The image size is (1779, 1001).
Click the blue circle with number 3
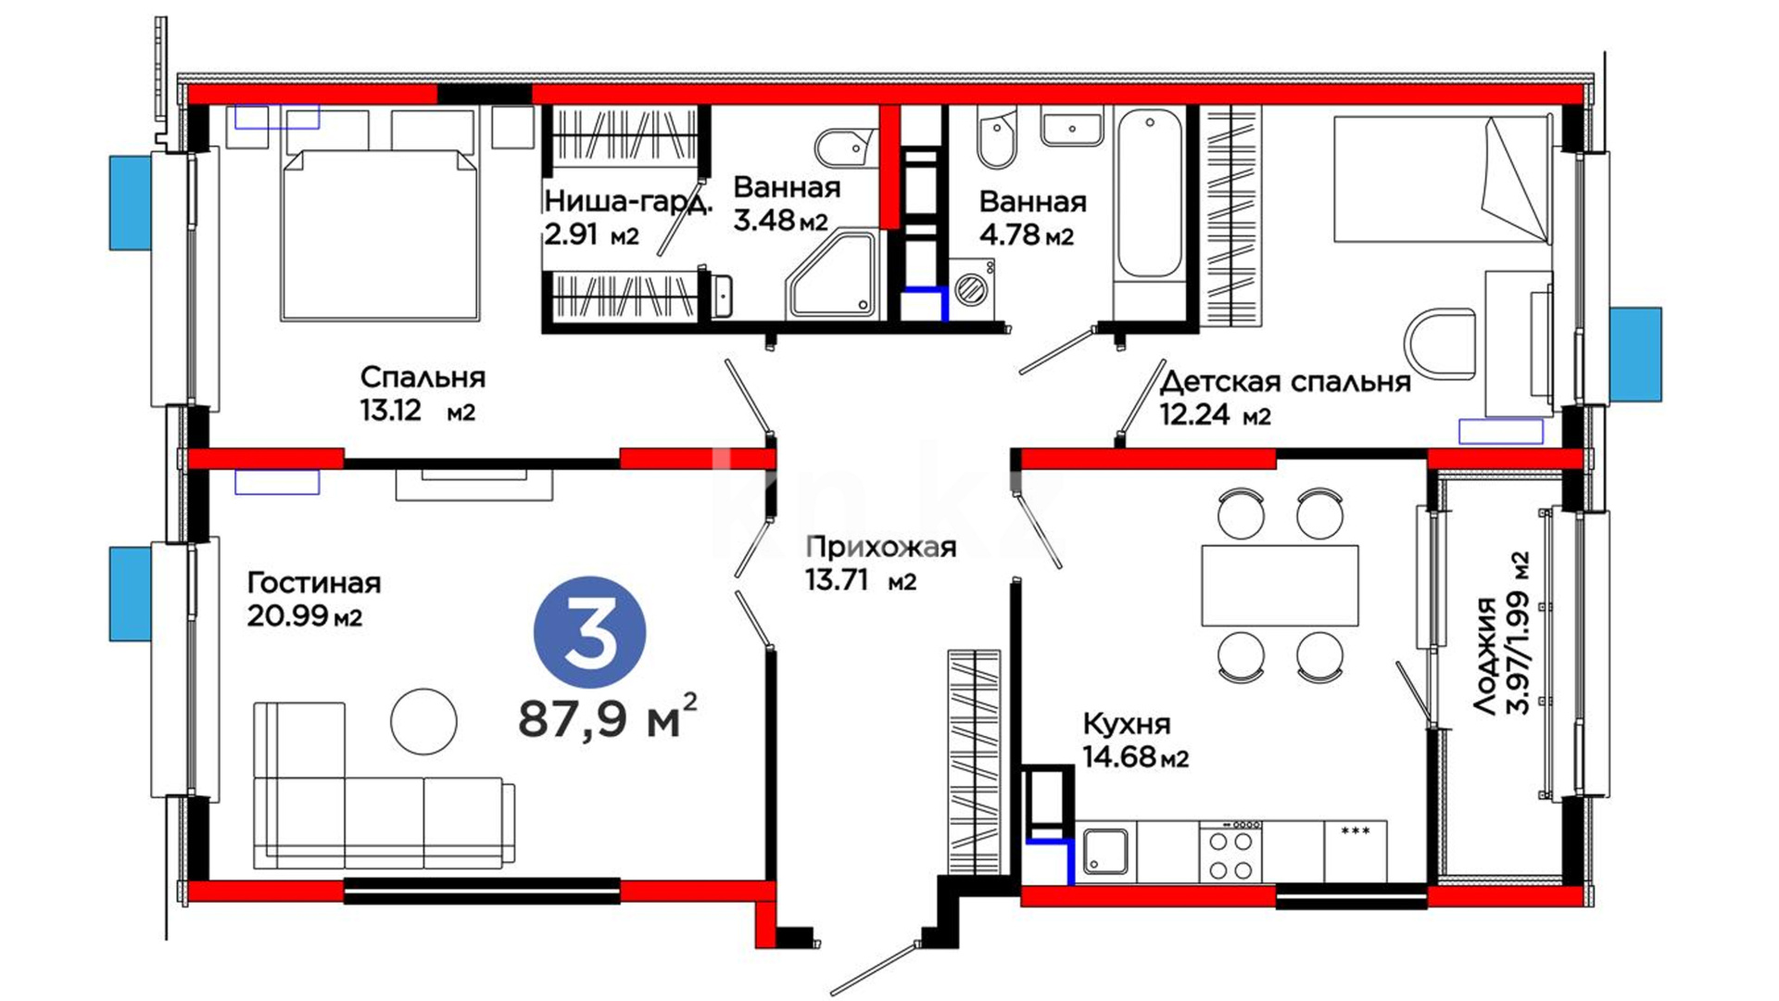589,631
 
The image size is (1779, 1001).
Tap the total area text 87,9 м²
608,716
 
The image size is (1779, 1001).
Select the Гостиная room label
314,583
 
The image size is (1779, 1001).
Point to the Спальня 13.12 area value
391,410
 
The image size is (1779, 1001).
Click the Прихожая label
880,547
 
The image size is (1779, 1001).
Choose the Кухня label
1127,723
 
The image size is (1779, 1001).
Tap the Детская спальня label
1285,381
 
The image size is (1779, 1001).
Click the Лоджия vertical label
1486,655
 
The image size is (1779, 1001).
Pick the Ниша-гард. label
628,202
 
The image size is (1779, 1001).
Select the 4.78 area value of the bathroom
1009,234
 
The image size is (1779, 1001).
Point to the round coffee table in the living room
423,721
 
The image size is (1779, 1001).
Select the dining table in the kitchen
1280,586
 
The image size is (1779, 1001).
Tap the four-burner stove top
1230,852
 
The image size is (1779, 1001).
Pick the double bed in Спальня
380,234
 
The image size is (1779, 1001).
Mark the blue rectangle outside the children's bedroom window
1635,354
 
